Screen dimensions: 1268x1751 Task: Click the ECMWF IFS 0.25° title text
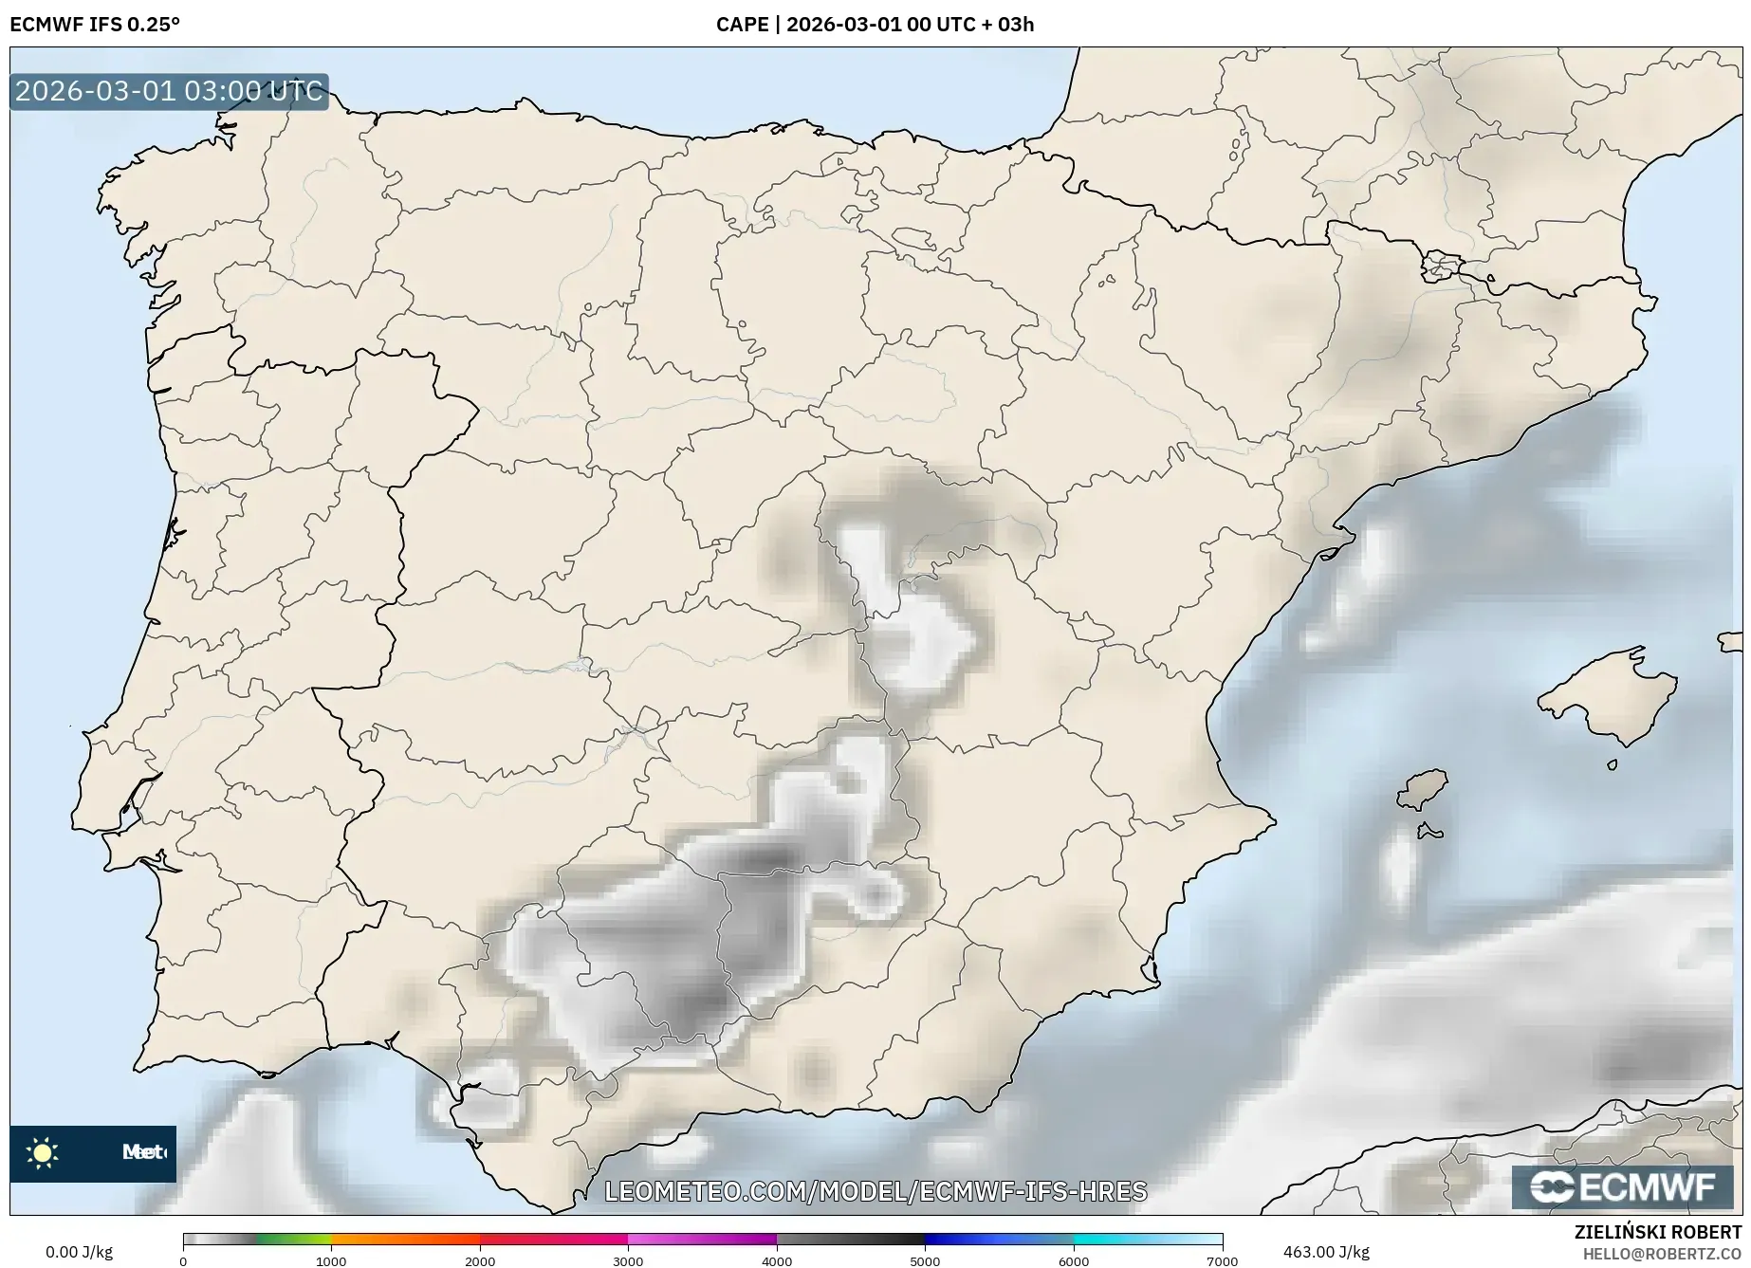95,24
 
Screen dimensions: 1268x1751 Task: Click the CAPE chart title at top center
875,24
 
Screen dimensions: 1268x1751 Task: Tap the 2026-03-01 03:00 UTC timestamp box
169,91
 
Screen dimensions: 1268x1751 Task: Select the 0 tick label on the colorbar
183,1261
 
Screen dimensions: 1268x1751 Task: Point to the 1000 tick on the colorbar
331,1261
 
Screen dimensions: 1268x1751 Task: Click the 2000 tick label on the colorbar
480,1261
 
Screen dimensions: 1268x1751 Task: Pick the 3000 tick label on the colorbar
628,1261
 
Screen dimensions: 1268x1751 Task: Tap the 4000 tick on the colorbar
777,1261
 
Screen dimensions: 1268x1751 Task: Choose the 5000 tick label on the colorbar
925,1261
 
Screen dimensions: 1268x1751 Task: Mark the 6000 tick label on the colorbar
1074,1261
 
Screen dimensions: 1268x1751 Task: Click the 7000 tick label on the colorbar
1222,1261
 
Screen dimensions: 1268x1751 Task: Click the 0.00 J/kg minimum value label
79,1252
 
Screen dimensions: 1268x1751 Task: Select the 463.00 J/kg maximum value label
1326,1252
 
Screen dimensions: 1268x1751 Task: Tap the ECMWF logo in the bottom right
1626,1186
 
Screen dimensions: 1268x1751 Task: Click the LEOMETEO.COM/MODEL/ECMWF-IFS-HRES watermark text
875,1191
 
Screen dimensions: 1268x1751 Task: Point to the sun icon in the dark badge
43,1153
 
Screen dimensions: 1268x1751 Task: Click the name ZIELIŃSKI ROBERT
1658,1233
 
